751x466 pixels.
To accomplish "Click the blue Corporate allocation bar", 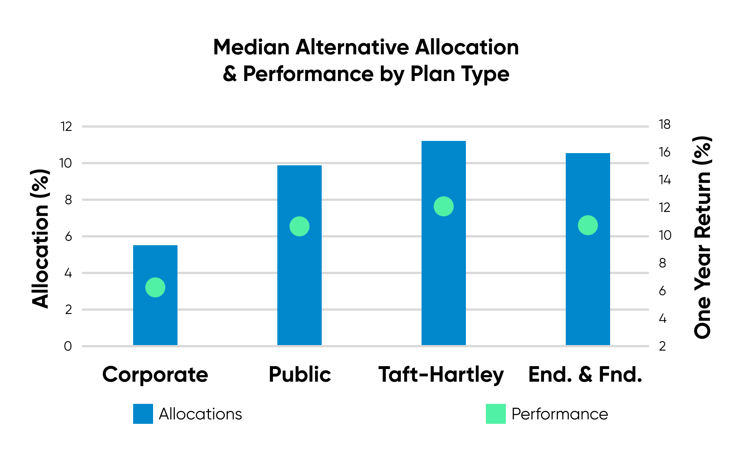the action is coord(155,295).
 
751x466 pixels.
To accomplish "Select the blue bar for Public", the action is coord(300,255).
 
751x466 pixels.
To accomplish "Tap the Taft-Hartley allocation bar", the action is coord(444,243).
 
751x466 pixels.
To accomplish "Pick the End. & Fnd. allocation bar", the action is coord(588,249).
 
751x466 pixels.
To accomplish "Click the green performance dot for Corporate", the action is coord(155,287).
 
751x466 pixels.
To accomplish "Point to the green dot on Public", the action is coord(300,226).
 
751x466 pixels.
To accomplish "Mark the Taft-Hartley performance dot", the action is coord(444,206).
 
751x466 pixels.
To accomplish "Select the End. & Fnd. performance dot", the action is coord(588,225).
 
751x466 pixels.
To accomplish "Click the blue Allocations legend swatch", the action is coord(143,414).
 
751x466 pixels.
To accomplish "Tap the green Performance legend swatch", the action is coord(496,414).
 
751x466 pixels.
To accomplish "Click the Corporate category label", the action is coord(155,375).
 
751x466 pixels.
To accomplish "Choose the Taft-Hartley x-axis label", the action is coord(441,375).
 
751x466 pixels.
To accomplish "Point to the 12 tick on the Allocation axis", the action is coord(67,127).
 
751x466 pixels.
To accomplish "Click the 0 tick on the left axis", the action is coord(68,346).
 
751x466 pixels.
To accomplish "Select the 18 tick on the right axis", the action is coord(665,125).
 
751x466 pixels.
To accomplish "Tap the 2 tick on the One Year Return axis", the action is coord(663,346).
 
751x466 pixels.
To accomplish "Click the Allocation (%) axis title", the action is coord(40,239).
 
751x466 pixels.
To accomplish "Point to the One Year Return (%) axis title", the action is coord(702,237).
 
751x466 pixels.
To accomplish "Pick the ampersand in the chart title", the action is coord(230,74).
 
